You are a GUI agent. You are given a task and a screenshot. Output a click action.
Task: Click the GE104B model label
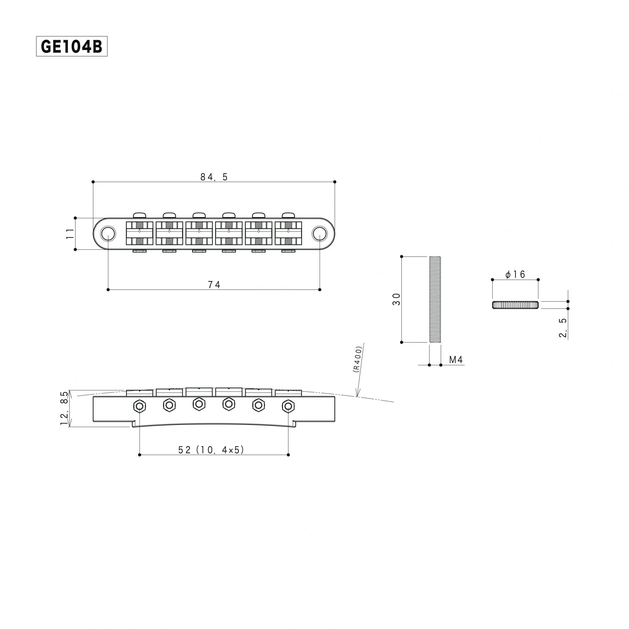72,47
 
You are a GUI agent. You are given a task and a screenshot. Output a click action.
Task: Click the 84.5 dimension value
214,177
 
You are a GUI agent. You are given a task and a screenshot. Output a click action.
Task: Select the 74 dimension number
214,285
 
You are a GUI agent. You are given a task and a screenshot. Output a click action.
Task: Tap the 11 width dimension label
70,234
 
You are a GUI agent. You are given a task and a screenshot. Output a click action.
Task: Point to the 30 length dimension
396,299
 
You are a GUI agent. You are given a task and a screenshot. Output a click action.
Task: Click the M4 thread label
455,360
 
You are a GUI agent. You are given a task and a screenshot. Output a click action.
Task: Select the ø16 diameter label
515,275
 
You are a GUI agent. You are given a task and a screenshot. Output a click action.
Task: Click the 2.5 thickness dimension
563,327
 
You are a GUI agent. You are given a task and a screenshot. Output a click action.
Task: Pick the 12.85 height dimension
64,408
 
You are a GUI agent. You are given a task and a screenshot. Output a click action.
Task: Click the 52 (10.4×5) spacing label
211,450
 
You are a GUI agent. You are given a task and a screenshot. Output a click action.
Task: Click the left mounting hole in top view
108,233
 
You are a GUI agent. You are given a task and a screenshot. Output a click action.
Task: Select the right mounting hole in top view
320,233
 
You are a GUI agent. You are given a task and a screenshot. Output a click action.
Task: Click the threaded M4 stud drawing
435,299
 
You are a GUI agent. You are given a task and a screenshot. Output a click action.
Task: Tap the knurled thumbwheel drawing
515,305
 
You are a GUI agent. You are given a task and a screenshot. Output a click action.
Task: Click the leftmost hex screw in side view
139,406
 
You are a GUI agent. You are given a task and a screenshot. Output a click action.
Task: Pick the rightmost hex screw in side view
288,406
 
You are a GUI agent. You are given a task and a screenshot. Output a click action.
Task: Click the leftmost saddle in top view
139,233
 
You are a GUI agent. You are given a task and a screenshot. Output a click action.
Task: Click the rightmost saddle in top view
288,233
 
